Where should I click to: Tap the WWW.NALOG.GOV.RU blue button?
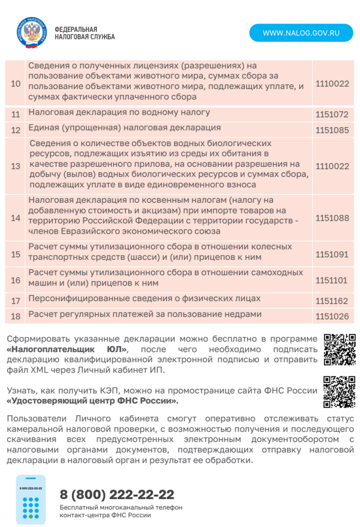(x=301, y=33)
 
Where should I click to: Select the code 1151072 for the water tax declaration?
(x=332, y=114)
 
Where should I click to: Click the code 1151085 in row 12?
(x=332, y=130)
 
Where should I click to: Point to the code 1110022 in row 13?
(x=332, y=166)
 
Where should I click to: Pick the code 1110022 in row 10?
(x=332, y=83)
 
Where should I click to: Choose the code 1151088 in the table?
(x=332, y=218)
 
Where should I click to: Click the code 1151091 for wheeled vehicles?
(x=332, y=254)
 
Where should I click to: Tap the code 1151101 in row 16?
(x=332, y=280)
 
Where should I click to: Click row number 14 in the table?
(x=15, y=218)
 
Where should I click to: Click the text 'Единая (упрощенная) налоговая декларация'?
(x=125, y=128)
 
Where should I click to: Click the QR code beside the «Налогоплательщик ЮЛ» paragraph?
(x=339, y=349)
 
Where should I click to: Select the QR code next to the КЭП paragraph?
(x=339, y=392)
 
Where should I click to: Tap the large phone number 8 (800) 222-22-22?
(x=117, y=495)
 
